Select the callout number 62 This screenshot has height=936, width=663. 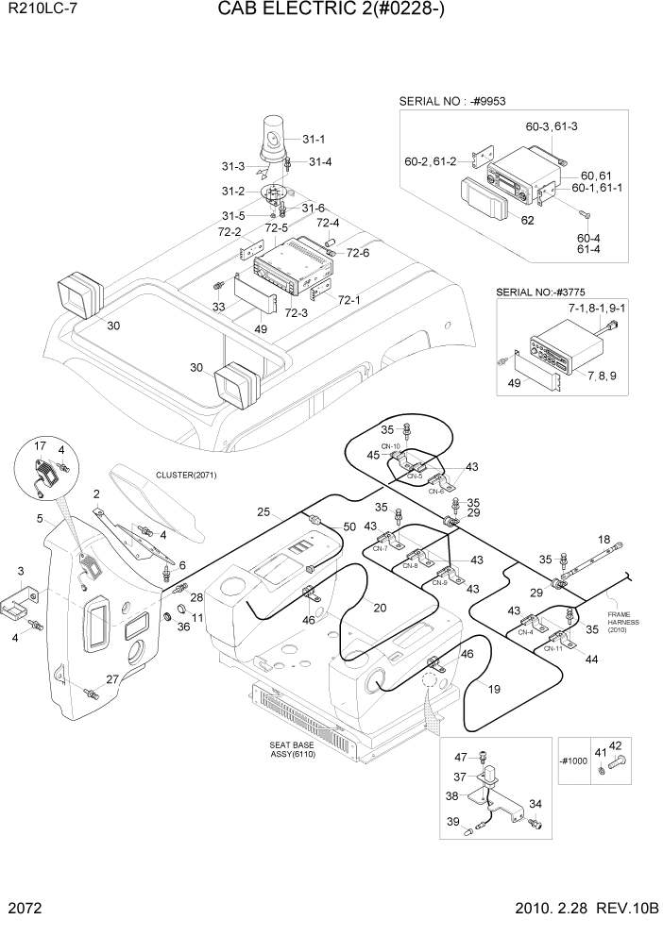(x=527, y=221)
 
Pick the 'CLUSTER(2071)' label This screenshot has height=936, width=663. (x=187, y=475)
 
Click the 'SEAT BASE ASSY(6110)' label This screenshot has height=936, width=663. (x=292, y=750)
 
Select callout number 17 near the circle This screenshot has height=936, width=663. (x=41, y=445)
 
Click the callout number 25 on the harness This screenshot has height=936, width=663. (x=264, y=512)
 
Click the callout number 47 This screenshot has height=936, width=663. (x=461, y=757)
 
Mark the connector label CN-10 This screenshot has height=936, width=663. (x=391, y=446)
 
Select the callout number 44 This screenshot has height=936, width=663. (x=592, y=660)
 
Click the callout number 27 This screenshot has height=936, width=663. (x=111, y=679)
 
